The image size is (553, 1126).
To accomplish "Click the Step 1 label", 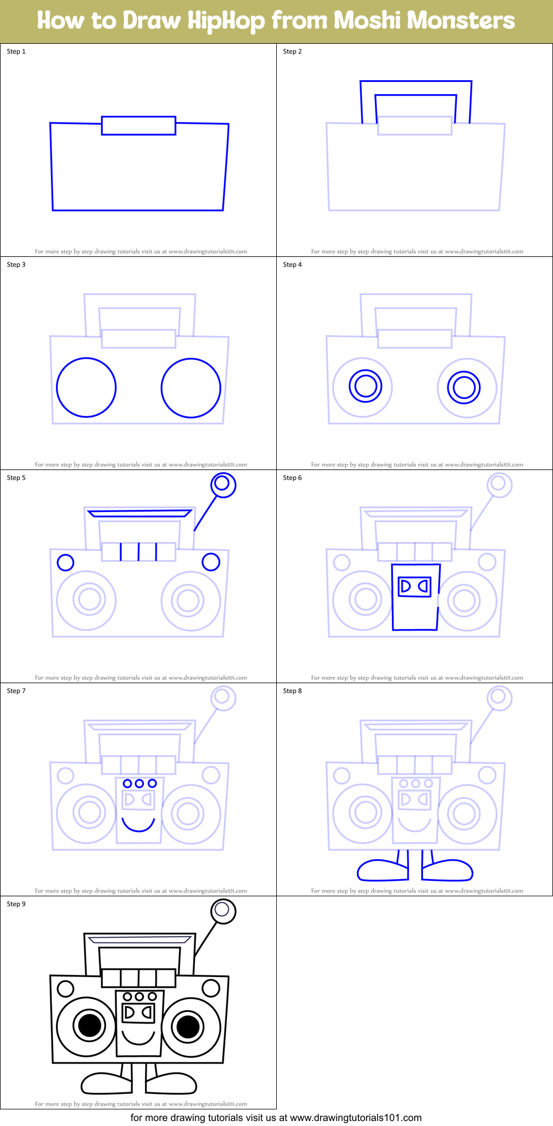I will click(16, 51).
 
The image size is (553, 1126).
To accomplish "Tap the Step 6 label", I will click(292, 478).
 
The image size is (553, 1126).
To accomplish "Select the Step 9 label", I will click(16, 904).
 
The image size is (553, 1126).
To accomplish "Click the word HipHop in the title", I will click(226, 20).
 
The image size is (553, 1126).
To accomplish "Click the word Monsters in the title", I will click(424, 20).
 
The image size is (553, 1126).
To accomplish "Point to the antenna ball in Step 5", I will click(223, 484).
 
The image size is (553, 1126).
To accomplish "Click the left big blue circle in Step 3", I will click(86, 388).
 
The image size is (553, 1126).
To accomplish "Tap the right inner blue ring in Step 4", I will click(464, 387).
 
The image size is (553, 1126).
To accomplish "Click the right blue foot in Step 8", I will click(448, 870).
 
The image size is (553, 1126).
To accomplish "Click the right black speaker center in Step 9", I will click(188, 1026).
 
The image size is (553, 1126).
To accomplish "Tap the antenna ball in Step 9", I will click(223, 911).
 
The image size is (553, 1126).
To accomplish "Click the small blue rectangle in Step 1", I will click(138, 126).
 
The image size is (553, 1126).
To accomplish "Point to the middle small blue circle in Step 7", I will click(139, 783).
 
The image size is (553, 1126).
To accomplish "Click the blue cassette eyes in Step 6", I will click(415, 586).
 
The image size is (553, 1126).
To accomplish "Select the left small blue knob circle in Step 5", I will click(65, 562).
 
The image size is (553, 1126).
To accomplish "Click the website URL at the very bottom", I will click(355, 1118).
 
